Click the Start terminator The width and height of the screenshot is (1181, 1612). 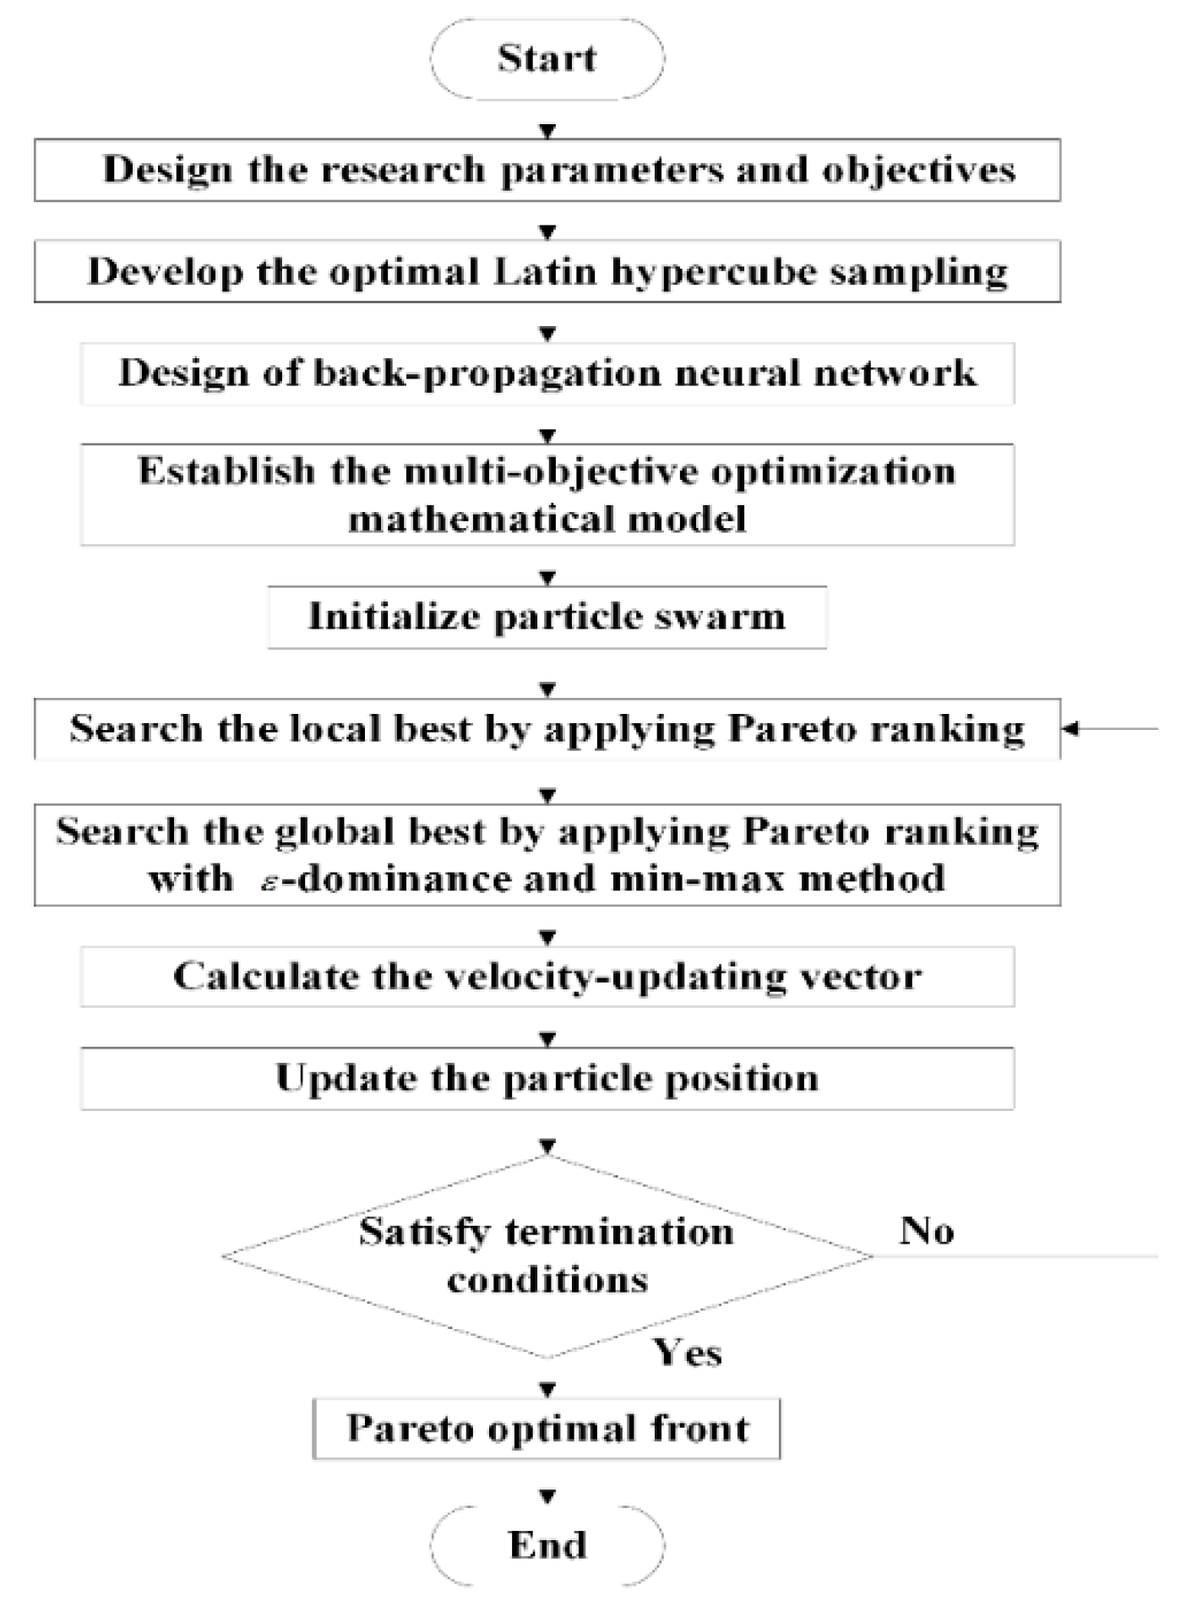pyautogui.click(x=547, y=58)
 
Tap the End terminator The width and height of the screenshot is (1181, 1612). pyautogui.click(x=547, y=1544)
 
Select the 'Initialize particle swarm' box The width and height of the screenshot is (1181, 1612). pyautogui.click(x=547, y=617)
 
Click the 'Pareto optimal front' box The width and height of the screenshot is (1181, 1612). pyautogui.click(x=547, y=1429)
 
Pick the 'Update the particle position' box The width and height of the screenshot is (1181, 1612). pyautogui.click(x=547, y=1078)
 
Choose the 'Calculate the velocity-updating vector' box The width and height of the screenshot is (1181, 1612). pyautogui.click(x=547, y=977)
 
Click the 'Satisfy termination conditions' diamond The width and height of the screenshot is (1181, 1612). pyautogui.click(x=547, y=1255)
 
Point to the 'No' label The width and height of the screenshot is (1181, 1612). pyautogui.click(x=927, y=1231)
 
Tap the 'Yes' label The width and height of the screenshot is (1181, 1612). pyautogui.click(x=688, y=1353)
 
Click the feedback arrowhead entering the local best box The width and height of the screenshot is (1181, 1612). pyautogui.click(x=1070, y=729)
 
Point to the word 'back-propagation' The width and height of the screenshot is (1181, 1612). pyautogui.click(x=487, y=374)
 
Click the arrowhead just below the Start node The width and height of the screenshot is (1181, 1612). pyautogui.click(x=547, y=131)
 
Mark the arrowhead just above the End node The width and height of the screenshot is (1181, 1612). pyautogui.click(x=547, y=1496)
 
